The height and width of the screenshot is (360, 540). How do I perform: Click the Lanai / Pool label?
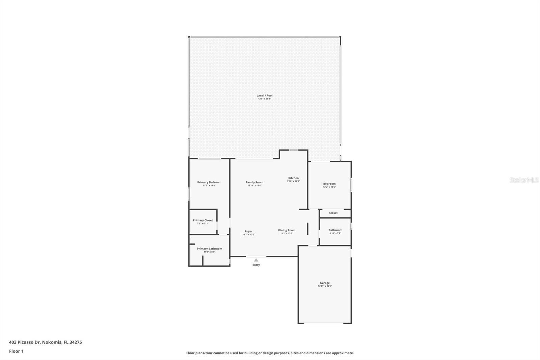pos(264,96)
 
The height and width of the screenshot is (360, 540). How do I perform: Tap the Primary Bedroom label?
pos(209,182)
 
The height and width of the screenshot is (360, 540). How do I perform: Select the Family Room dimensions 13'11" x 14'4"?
pos(254,185)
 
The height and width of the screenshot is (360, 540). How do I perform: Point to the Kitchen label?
pos(293,178)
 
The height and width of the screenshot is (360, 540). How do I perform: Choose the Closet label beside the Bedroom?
pos(333,213)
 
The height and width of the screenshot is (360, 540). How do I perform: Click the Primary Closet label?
pos(203,220)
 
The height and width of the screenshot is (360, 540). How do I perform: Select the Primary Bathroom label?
pos(209,249)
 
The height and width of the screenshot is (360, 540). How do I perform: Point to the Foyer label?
pos(249,231)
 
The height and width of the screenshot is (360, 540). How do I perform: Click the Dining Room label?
pos(287,230)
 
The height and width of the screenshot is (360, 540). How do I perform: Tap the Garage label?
pos(325,283)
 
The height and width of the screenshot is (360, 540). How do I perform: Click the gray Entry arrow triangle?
pos(256,260)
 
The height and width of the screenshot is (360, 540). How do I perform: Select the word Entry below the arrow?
pos(256,265)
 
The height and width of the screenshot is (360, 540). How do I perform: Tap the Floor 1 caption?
pos(16,351)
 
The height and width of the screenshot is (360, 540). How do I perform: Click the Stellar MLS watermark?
pos(524,180)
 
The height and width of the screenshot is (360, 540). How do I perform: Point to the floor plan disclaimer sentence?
pos(270,353)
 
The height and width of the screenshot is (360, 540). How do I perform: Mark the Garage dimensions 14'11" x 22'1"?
pos(325,286)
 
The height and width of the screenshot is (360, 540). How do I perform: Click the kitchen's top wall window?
pos(293,150)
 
